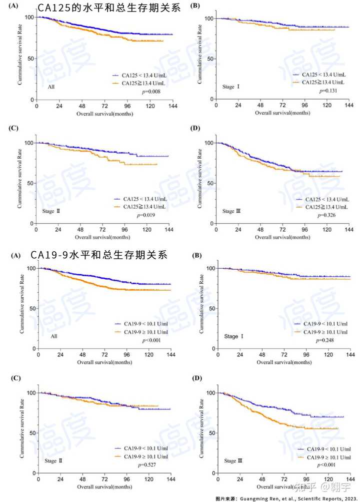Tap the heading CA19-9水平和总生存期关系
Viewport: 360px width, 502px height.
point(103,255)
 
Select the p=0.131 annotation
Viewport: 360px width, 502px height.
point(327,92)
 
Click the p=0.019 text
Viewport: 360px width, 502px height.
point(146,215)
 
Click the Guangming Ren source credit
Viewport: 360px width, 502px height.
point(286,498)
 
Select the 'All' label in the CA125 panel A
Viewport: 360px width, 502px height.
point(51,87)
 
